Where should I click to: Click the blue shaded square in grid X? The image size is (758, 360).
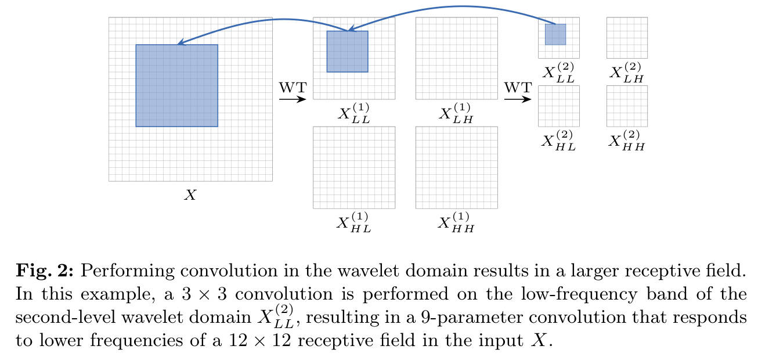click(176, 85)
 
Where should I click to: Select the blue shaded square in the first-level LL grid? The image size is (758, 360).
click(347, 51)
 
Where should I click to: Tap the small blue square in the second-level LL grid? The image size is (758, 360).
click(555, 34)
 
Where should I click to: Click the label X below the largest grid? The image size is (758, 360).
click(190, 196)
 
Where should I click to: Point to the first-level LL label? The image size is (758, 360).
click(353, 113)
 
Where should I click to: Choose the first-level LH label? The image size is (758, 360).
click(456, 113)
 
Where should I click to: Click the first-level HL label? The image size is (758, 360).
click(353, 223)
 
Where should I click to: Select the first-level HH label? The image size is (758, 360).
click(456, 223)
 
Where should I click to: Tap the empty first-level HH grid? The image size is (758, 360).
click(456, 167)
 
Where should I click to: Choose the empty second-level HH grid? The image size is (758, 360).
click(627, 106)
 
